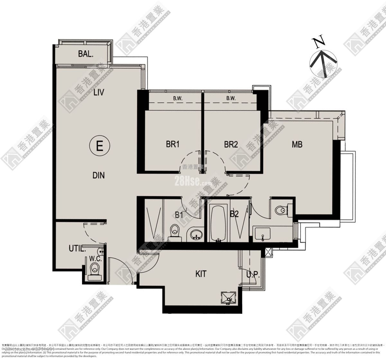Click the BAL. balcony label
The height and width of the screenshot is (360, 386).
(86, 54)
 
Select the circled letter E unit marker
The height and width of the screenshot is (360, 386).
(99, 147)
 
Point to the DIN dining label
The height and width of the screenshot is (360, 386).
(98, 175)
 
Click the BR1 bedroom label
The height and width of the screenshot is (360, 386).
(172, 144)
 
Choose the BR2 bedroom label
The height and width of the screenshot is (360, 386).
(231, 144)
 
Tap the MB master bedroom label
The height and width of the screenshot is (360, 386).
(297, 144)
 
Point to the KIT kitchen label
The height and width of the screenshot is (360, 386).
(201, 274)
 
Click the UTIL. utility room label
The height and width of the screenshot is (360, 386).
(78, 248)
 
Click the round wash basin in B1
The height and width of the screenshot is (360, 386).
(195, 234)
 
